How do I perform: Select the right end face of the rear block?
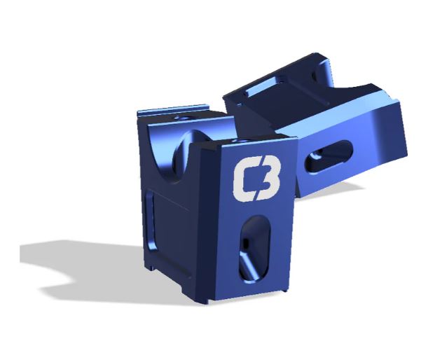(392, 133)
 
